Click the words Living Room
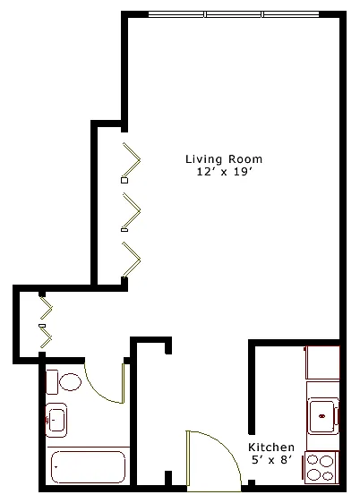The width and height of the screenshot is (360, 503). [x=224, y=158]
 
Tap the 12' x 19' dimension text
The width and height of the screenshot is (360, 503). [x=223, y=172]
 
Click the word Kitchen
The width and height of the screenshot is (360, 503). [x=271, y=447]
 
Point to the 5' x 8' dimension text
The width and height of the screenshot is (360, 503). [x=271, y=460]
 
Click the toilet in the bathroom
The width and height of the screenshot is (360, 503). [x=64, y=382]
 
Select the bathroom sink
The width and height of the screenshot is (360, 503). [x=56, y=421]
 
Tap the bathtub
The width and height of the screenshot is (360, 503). [x=89, y=467]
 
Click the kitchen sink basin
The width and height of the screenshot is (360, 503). [x=322, y=416]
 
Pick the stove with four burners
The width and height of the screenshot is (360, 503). [x=321, y=467]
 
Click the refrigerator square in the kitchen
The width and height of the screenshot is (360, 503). [x=322, y=362]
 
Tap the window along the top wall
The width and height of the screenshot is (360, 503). [x=234, y=14]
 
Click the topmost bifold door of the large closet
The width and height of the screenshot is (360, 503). [x=132, y=159]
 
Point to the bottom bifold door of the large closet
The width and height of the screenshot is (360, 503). [x=132, y=260]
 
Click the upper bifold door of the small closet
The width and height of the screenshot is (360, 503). [x=47, y=308]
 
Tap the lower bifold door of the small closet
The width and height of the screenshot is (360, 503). [x=47, y=337]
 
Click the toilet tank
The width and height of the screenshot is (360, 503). [x=52, y=382]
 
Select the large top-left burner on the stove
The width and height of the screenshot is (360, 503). [x=313, y=461]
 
